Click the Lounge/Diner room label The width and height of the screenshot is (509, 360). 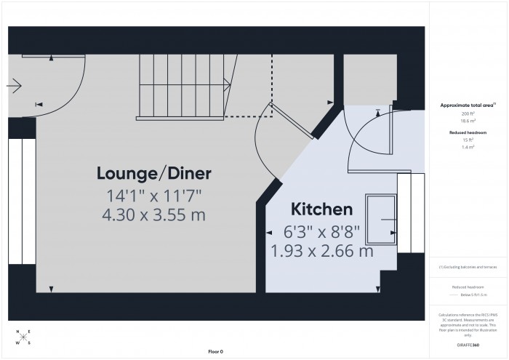point(153,173)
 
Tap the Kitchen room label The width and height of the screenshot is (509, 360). point(322,210)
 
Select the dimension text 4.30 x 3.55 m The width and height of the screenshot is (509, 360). point(153,215)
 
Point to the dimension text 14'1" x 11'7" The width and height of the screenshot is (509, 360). point(153,195)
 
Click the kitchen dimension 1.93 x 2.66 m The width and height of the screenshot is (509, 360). point(322,252)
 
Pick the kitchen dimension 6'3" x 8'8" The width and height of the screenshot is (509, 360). point(322,233)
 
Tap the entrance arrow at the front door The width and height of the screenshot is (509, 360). point(14,87)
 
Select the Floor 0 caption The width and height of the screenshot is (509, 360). point(215,351)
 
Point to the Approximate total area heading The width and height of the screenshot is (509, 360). point(469,105)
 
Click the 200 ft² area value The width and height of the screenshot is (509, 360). point(469,115)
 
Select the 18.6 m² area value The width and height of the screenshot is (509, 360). point(469,121)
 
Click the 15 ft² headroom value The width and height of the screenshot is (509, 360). point(469,140)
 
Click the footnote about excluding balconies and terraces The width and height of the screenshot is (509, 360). point(469,267)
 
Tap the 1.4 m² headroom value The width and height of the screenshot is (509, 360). point(469,147)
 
